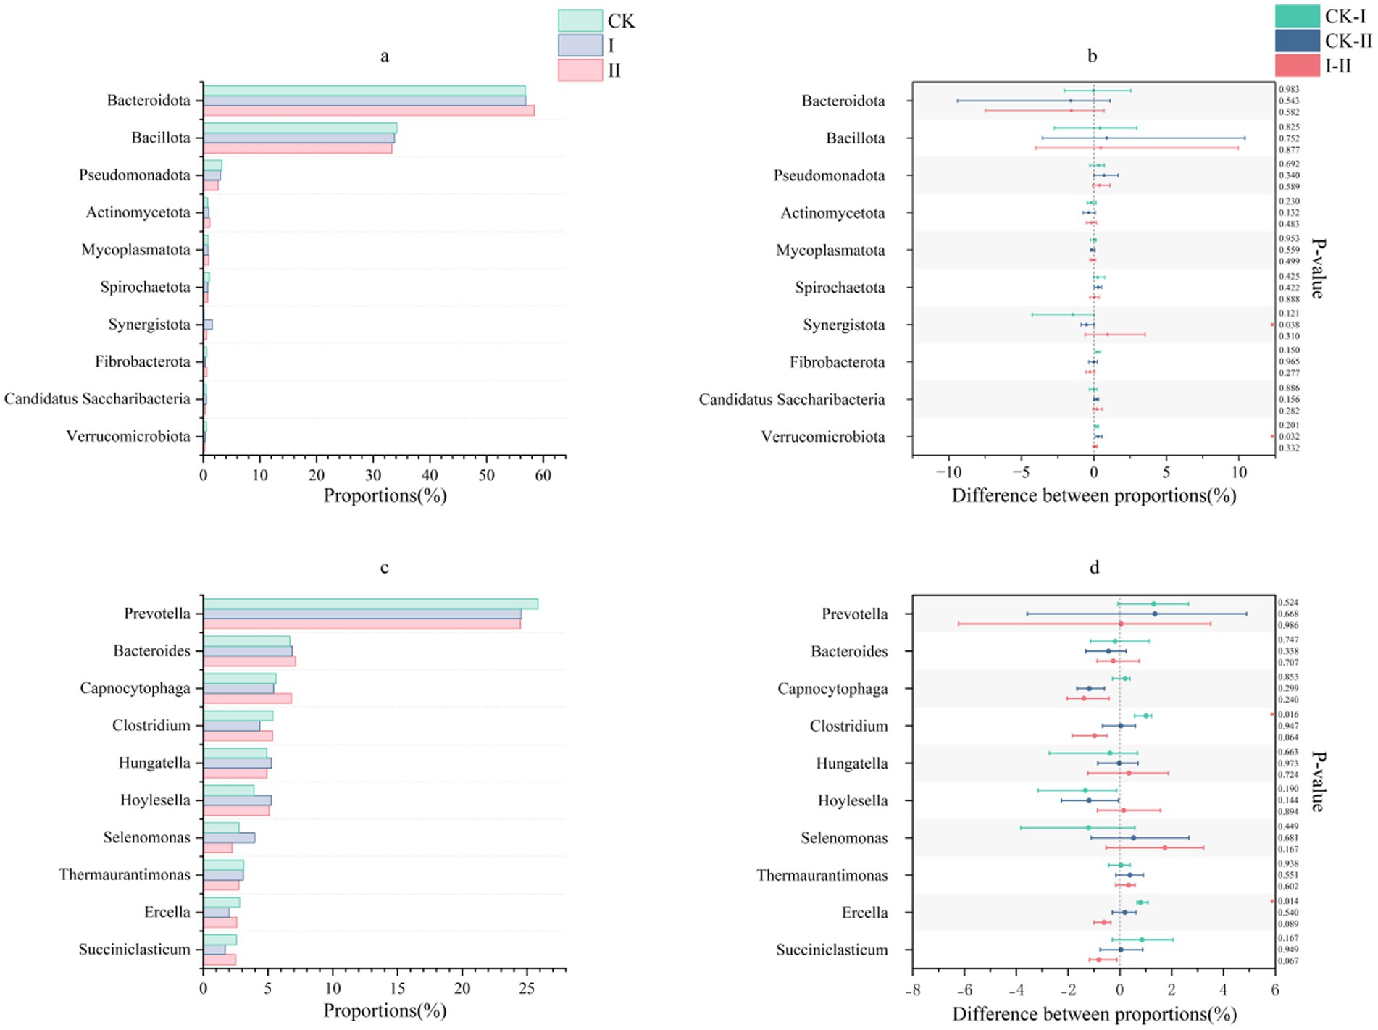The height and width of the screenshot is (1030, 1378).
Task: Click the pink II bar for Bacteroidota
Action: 369,111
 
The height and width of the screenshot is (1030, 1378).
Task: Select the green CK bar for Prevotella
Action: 370,604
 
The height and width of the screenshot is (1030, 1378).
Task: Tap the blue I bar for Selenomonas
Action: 229,838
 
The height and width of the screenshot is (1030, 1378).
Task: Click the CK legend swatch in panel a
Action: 580,20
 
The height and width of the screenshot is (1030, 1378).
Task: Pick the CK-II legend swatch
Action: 1297,41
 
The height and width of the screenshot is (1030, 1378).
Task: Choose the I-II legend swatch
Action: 1297,65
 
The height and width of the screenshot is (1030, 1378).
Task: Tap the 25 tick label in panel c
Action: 527,989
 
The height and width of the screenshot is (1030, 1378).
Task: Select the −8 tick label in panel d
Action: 912,991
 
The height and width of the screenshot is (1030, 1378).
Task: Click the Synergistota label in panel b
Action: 843,325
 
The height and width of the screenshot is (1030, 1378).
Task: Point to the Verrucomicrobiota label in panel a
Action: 128,436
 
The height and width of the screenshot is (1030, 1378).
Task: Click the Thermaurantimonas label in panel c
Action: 124,875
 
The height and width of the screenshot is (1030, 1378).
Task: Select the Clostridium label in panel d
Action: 848,726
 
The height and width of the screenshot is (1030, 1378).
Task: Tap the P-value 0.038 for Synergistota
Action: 1289,325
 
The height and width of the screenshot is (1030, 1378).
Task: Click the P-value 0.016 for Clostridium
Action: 1289,715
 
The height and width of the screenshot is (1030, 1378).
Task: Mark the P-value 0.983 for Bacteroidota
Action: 1289,90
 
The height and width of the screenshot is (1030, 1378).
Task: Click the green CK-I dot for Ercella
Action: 1140,903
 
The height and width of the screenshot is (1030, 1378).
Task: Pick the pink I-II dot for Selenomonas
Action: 1165,847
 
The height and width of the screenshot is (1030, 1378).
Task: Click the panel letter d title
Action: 1094,567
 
